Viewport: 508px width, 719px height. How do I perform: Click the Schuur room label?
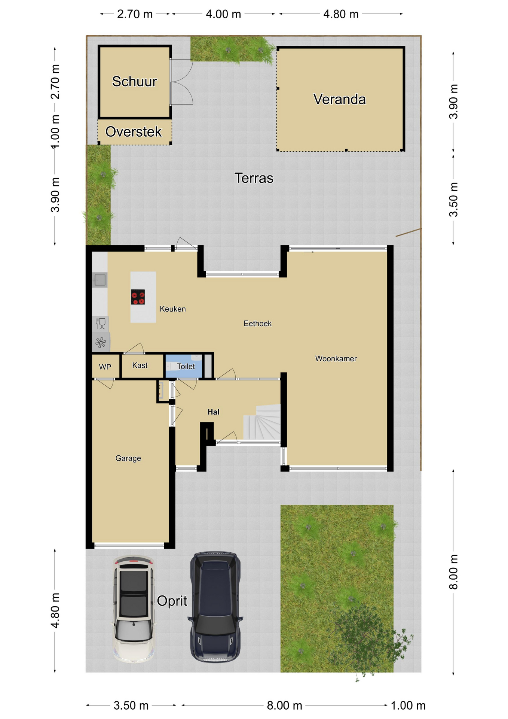[x=134, y=81]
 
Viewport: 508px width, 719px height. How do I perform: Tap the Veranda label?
[x=339, y=99]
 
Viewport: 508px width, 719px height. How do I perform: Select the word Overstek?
[x=134, y=131]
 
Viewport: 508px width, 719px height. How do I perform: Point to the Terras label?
[x=254, y=178]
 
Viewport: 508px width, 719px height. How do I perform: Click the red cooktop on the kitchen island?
[x=138, y=297]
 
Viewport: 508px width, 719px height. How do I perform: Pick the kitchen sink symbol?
[x=100, y=280]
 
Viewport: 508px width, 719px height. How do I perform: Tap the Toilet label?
[x=186, y=366]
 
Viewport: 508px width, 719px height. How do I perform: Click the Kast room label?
[x=140, y=365]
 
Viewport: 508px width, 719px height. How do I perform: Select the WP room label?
[x=105, y=367]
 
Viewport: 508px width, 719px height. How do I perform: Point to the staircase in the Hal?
[x=262, y=422]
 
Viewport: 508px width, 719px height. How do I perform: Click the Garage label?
[x=128, y=458]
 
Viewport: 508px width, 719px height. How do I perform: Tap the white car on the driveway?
[x=134, y=609]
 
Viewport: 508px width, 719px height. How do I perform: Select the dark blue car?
[x=215, y=607]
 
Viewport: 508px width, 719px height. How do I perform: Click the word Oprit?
[x=172, y=601]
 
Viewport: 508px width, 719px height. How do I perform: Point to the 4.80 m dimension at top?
[x=341, y=14]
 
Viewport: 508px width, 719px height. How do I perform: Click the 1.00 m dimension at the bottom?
[x=408, y=706]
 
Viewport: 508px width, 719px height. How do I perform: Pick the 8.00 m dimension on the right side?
[x=453, y=572]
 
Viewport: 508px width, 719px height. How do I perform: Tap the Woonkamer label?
[x=336, y=358]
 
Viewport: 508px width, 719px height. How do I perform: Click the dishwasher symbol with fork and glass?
[x=101, y=324]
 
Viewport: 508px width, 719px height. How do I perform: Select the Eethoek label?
[x=257, y=323]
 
